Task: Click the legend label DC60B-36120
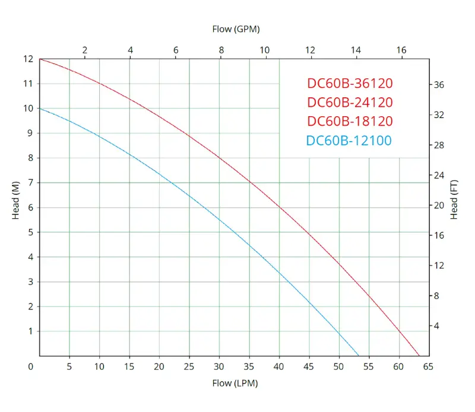tap(350, 83)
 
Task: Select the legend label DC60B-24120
tap(350, 102)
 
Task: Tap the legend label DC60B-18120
tap(350, 121)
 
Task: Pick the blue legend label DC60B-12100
tap(349, 140)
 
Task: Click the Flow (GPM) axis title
tap(236, 28)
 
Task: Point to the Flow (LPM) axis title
tap(235, 383)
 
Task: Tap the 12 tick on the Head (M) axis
tap(27, 59)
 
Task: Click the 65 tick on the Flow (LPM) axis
tap(428, 367)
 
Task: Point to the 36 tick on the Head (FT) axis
tap(439, 85)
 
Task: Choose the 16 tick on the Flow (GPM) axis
tap(401, 50)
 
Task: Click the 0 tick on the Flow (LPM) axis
tap(31, 367)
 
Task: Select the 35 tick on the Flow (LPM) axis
tap(249, 367)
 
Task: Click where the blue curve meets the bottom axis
tap(359, 356)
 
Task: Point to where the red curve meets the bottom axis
tap(420, 356)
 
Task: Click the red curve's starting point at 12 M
tap(40, 59)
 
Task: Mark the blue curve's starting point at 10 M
tap(40, 108)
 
